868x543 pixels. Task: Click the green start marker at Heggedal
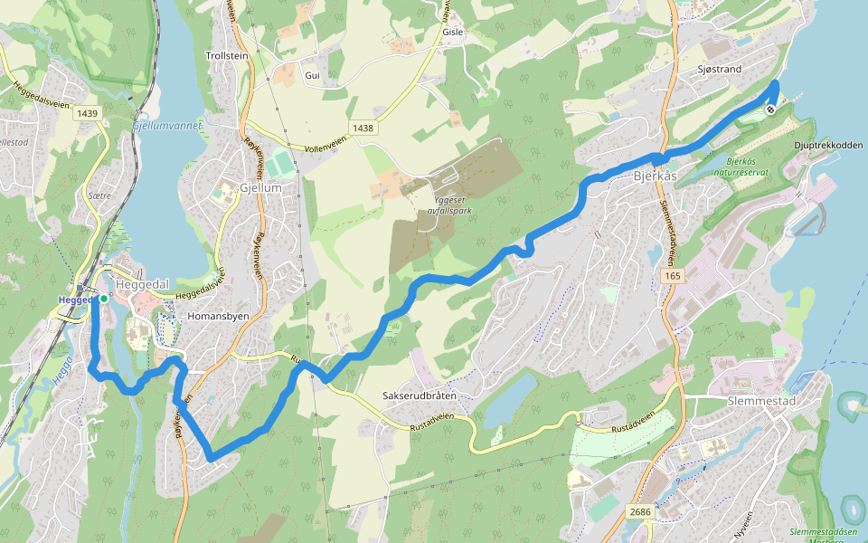pyautogui.click(x=104, y=298)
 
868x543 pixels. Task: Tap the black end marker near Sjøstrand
pyautogui.click(x=770, y=110)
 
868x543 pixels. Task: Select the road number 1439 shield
pyautogui.click(x=88, y=113)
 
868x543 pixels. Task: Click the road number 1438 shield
pyautogui.click(x=363, y=129)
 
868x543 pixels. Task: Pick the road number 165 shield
pyautogui.click(x=671, y=275)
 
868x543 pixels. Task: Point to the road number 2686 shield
pyautogui.click(x=639, y=512)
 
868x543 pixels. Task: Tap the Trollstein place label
pyautogui.click(x=227, y=56)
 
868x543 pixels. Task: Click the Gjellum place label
pyautogui.click(x=261, y=187)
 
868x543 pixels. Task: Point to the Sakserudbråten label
pyautogui.click(x=420, y=396)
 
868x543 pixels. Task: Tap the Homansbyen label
pyautogui.click(x=217, y=318)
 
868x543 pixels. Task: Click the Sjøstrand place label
pyautogui.click(x=721, y=69)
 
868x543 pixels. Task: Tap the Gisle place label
pyautogui.click(x=452, y=32)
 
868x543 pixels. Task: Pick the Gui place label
pyautogui.click(x=313, y=75)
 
